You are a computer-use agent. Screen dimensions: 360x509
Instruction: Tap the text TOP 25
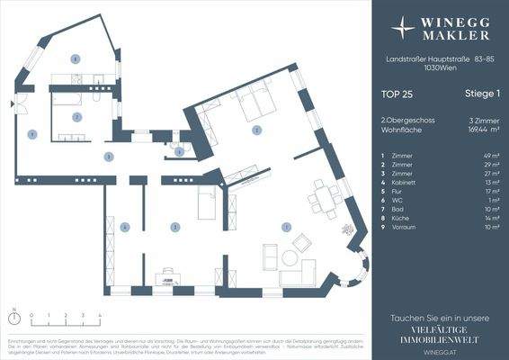click(397, 93)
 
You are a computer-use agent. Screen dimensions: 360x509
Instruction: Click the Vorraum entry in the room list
click(405, 228)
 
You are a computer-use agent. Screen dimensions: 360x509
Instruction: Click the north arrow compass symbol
click(14, 315)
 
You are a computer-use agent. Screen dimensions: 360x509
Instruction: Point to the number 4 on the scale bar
click(99, 315)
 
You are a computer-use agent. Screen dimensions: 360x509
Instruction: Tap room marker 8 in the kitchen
click(76, 59)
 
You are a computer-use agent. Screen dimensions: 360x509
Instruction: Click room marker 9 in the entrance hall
click(32, 134)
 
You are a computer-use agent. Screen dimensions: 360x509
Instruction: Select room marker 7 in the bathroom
click(77, 117)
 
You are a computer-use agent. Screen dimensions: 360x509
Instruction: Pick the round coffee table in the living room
click(290, 257)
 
